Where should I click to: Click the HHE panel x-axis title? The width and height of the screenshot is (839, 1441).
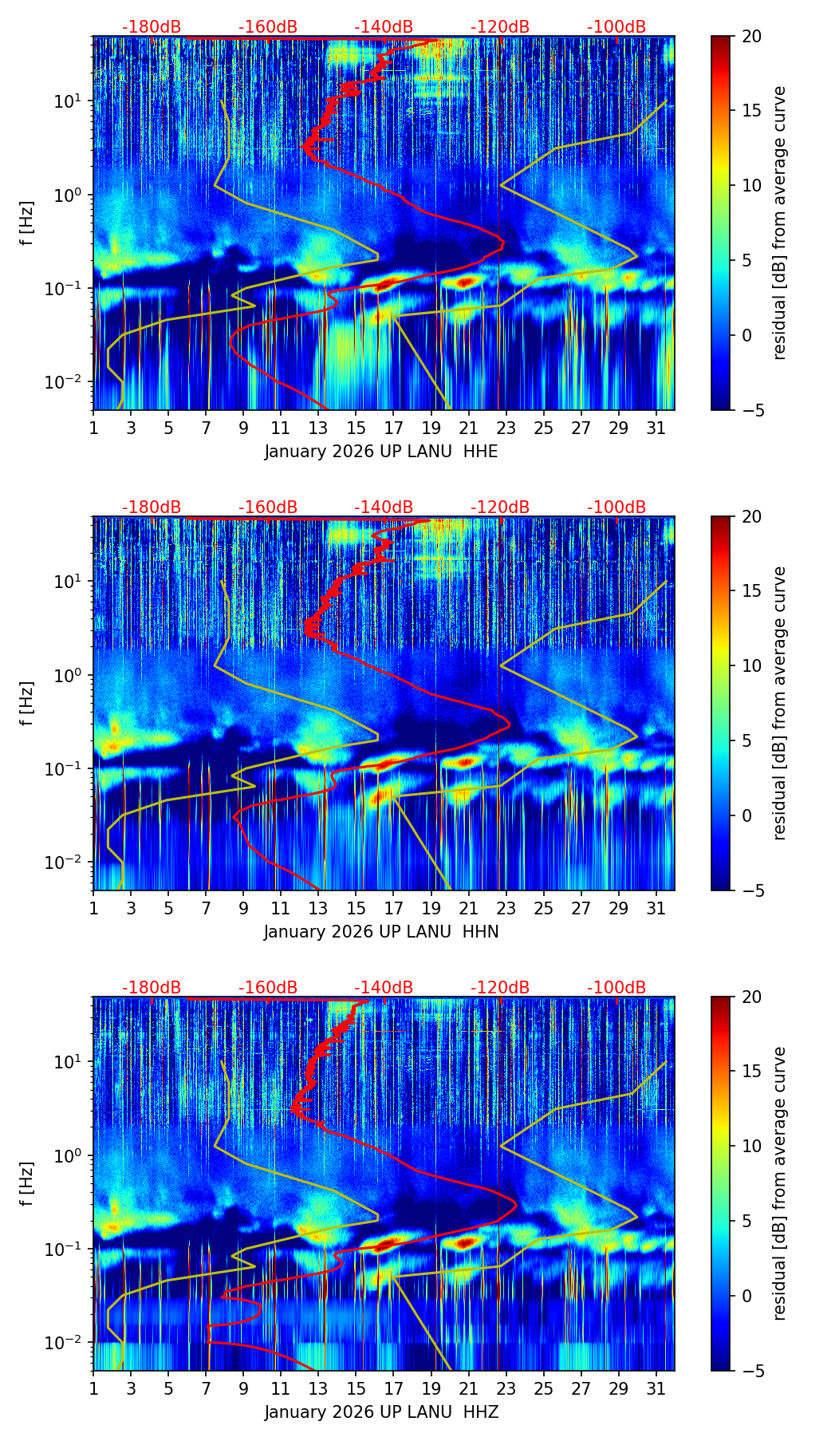pos(381,452)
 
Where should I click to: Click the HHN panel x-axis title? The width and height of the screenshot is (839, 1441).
pos(381,932)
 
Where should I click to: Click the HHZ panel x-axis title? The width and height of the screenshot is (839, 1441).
pos(381,1412)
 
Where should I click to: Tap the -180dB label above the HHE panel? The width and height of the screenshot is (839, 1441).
pos(152,27)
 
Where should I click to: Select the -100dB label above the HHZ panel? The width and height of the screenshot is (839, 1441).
pos(616,988)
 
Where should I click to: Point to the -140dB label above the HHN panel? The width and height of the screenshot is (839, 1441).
pos(384,507)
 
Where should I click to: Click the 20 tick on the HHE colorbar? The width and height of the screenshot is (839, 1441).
pos(752,36)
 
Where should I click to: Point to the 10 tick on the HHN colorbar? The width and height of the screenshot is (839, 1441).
pos(752,665)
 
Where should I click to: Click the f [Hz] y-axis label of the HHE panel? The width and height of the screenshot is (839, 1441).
pos(27,223)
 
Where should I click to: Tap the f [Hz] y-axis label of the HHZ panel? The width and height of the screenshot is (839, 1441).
pos(27,1183)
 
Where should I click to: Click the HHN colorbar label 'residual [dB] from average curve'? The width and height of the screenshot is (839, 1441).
pos(780,703)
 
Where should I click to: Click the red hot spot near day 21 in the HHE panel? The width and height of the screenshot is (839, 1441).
pos(466,281)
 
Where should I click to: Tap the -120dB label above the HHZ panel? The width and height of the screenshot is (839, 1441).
pos(500,988)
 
